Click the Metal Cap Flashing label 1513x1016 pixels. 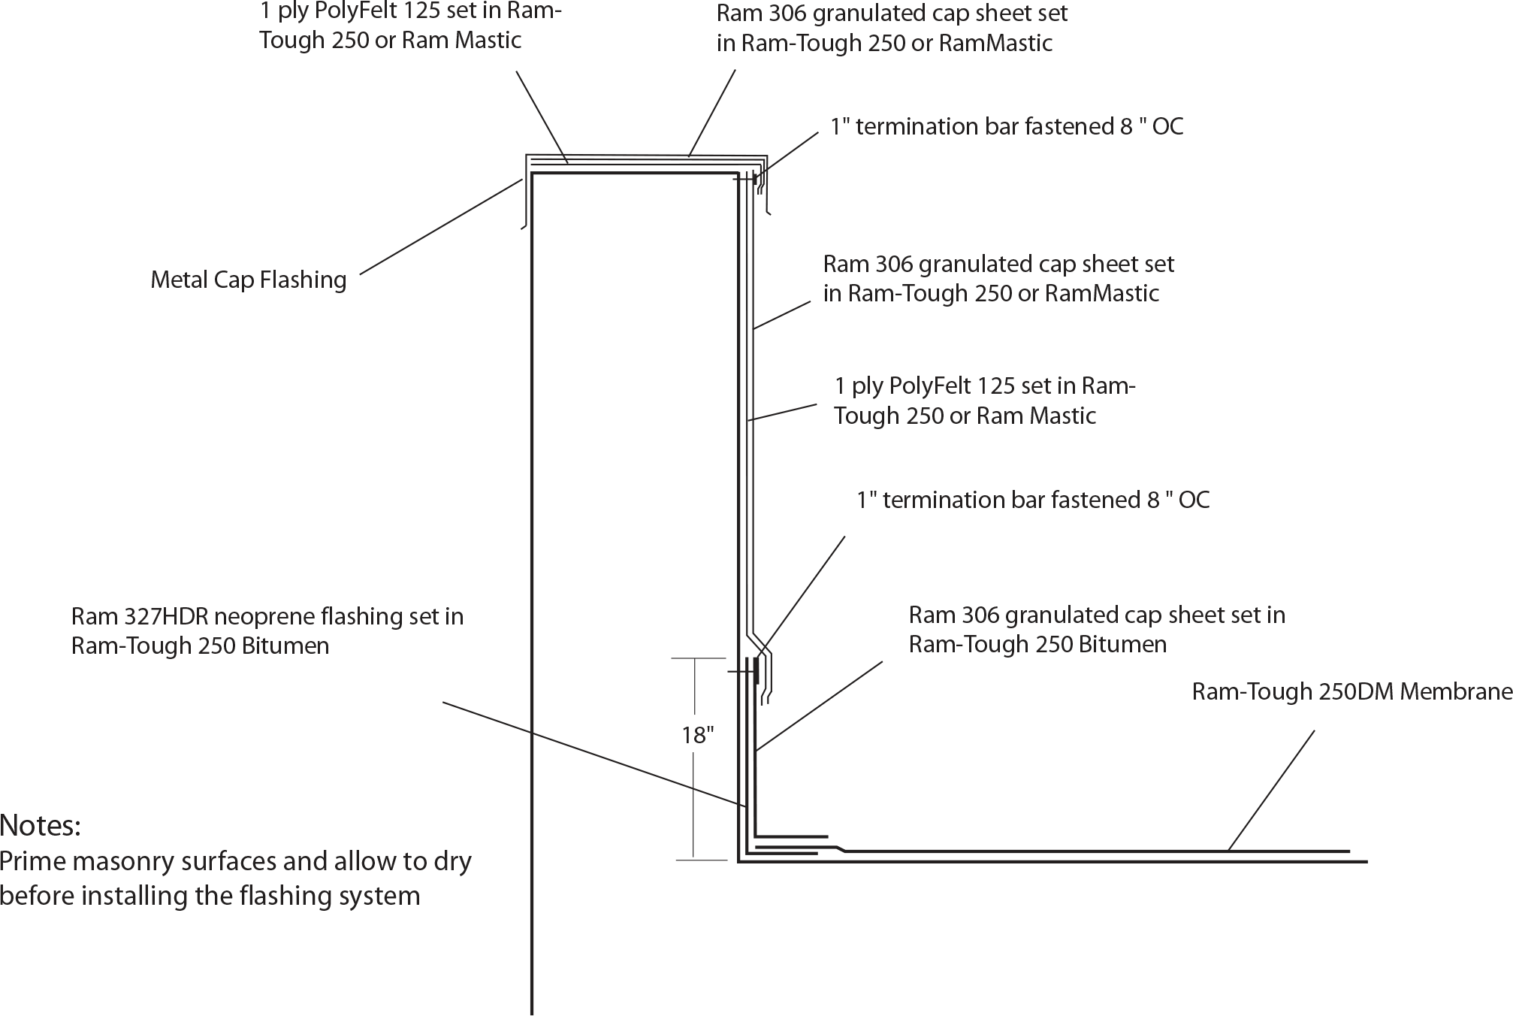[x=248, y=280]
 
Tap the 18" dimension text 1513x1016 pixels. [x=697, y=735]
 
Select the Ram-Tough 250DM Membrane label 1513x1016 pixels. [x=1351, y=691]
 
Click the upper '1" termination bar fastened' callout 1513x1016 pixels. [x=1007, y=126]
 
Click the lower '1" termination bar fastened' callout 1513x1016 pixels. [x=1033, y=500]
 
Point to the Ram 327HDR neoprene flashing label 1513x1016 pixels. [x=267, y=630]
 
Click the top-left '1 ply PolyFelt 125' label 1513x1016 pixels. [x=410, y=25]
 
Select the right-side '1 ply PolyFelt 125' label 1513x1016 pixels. [x=984, y=401]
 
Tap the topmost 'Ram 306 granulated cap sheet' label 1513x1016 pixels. [x=892, y=28]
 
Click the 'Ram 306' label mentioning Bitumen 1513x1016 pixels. [x=1097, y=629]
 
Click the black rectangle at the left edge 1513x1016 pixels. [x=36, y=862]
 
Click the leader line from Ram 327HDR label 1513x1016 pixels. [x=593, y=754]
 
